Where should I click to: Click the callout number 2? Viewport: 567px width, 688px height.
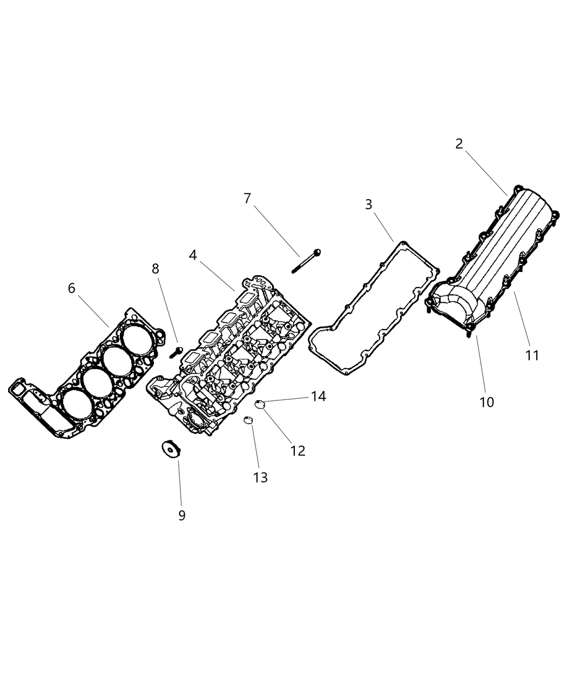pos(459,144)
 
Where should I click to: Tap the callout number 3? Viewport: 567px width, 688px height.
pos(369,205)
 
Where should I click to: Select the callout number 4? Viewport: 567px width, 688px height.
pos(193,255)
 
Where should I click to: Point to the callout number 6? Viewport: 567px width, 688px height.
pos(72,289)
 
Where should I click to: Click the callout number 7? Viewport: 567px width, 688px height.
pos(247,199)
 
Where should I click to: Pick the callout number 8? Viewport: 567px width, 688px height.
pos(156,269)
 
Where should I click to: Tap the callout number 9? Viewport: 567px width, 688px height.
pos(182,515)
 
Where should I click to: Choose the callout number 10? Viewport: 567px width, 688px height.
pos(487,402)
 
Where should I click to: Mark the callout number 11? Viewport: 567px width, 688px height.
pos(532,356)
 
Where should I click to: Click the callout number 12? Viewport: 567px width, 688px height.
pos(298,451)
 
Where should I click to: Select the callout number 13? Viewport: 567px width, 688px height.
pos(260,478)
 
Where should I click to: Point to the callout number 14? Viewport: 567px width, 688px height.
pos(319,397)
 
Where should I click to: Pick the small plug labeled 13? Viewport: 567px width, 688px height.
pos(248,420)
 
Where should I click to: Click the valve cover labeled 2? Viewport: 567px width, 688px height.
pos(497,254)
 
